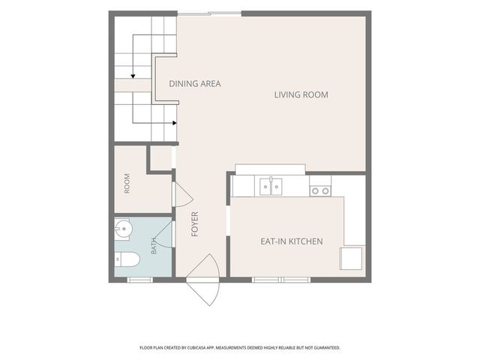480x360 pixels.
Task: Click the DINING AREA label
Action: point(195,83)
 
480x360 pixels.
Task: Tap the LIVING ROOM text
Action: point(301,95)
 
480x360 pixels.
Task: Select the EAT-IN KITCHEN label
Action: point(292,241)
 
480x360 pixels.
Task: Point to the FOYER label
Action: point(195,224)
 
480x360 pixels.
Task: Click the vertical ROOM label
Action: point(127,183)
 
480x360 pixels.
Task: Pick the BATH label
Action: point(154,246)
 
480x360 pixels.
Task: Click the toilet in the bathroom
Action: point(127,259)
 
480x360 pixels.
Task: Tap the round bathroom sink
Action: point(123,228)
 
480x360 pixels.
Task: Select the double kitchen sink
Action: point(271,187)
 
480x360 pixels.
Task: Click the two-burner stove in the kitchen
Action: point(320,191)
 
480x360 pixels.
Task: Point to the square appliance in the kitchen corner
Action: point(352,259)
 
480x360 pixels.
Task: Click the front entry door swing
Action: point(203,280)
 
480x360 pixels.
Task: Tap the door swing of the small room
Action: point(183,194)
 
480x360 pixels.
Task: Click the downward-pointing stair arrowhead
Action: point(133,76)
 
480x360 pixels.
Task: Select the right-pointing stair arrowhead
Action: point(175,123)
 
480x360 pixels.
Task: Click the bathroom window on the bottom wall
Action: point(140,280)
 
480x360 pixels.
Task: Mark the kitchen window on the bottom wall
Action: point(281,280)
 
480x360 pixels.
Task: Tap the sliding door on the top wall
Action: point(209,13)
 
